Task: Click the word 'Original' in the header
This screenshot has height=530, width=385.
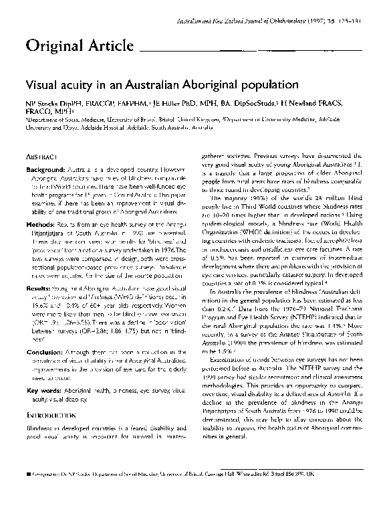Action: (50, 46)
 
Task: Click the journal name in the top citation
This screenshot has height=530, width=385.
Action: (248, 21)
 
